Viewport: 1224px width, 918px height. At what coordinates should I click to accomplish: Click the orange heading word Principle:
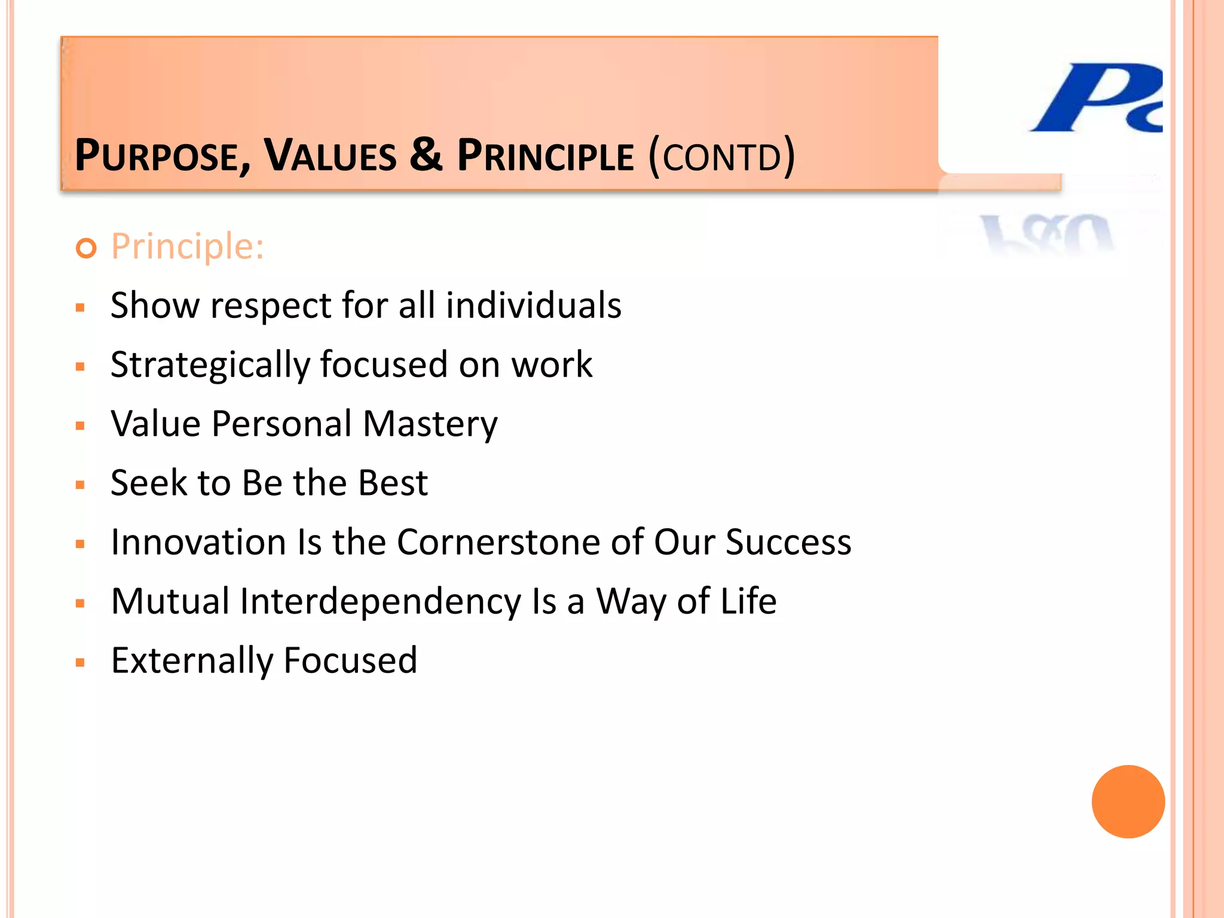187,246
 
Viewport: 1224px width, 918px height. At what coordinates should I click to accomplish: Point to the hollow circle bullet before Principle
87,248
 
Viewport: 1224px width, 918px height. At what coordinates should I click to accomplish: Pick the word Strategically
210,365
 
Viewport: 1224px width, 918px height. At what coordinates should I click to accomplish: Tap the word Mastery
430,424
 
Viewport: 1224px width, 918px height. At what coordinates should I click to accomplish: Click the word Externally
191,660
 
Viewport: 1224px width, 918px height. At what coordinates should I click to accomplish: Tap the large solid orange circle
1128,801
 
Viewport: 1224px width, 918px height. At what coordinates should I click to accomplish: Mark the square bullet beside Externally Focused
81,662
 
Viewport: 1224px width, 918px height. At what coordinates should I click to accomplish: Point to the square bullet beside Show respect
81,308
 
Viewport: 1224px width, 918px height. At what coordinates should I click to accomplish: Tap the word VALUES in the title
331,156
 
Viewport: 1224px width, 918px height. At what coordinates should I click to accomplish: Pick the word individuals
533,305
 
